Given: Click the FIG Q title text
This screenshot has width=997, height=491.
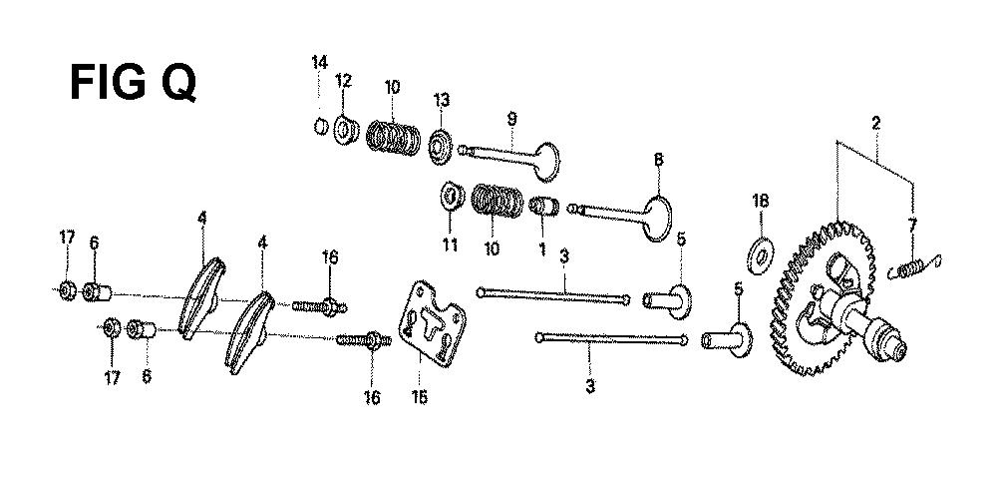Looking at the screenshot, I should (x=132, y=81).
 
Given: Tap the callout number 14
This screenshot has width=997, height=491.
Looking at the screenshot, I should (x=318, y=63).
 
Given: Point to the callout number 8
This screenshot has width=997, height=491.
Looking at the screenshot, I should (x=658, y=159).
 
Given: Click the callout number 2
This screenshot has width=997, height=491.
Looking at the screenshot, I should (x=875, y=124).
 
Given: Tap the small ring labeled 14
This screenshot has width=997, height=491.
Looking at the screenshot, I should (x=321, y=126).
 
